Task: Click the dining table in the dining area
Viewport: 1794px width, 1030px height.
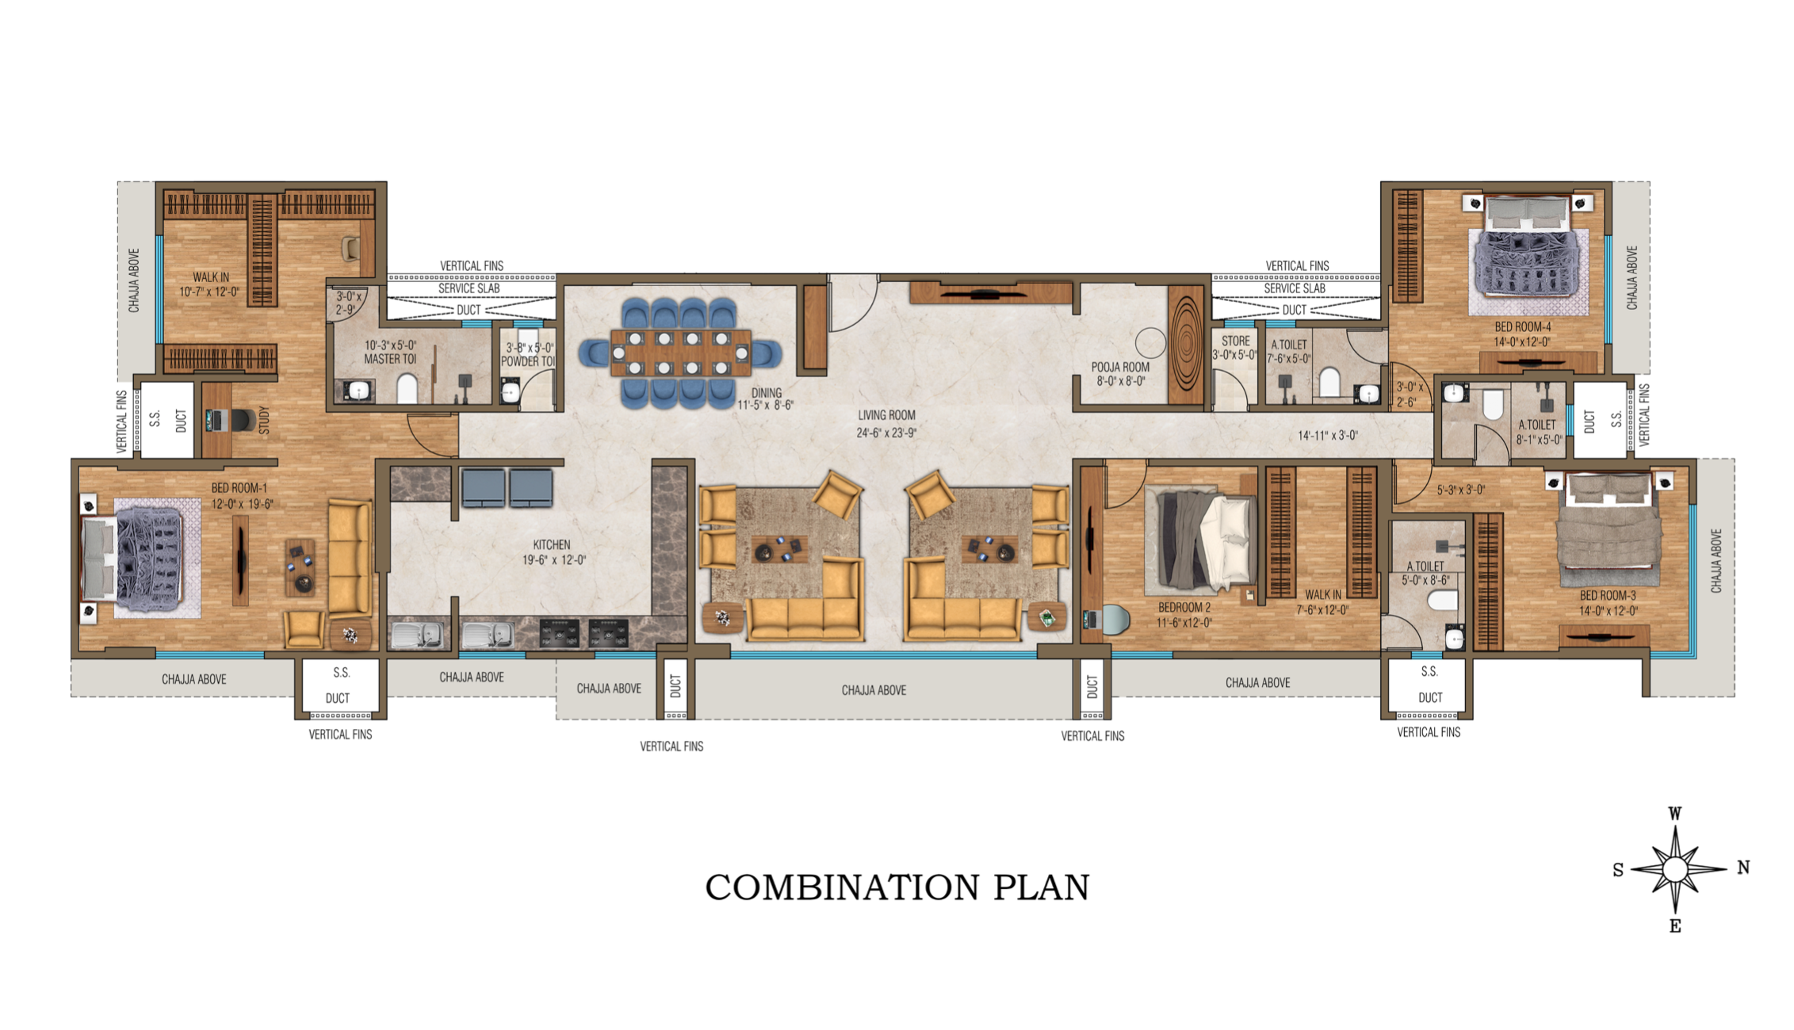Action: pyautogui.click(x=680, y=353)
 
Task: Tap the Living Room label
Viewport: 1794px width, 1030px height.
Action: pyautogui.click(x=886, y=415)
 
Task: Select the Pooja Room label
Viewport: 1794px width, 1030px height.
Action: pyautogui.click(x=1119, y=367)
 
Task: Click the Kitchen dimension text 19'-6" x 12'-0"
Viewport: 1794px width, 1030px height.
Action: pyautogui.click(x=553, y=560)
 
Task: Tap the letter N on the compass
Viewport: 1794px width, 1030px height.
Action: pyautogui.click(x=1743, y=868)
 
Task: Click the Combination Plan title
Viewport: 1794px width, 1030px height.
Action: pyautogui.click(x=897, y=887)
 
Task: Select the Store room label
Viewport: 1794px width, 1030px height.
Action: pyautogui.click(x=1235, y=341)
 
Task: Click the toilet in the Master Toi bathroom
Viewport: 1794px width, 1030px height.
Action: pyautogui.click(x=407, y=388)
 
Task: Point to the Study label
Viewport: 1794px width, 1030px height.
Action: pyautogui.click(x=264, y=420)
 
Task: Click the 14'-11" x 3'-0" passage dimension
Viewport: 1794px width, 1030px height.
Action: pyautogui.click(x=1327, y=436)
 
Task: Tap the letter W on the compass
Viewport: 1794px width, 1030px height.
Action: pyautogui.click(x=1675, y=814)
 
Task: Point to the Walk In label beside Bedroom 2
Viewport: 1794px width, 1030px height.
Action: pyautogui.click(x=1323, y=595)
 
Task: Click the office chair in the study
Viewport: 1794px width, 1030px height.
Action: pyautogui.click(x=244, y=420)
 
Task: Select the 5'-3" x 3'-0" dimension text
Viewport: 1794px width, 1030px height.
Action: pyautogui.click(x=1460, y=490)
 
